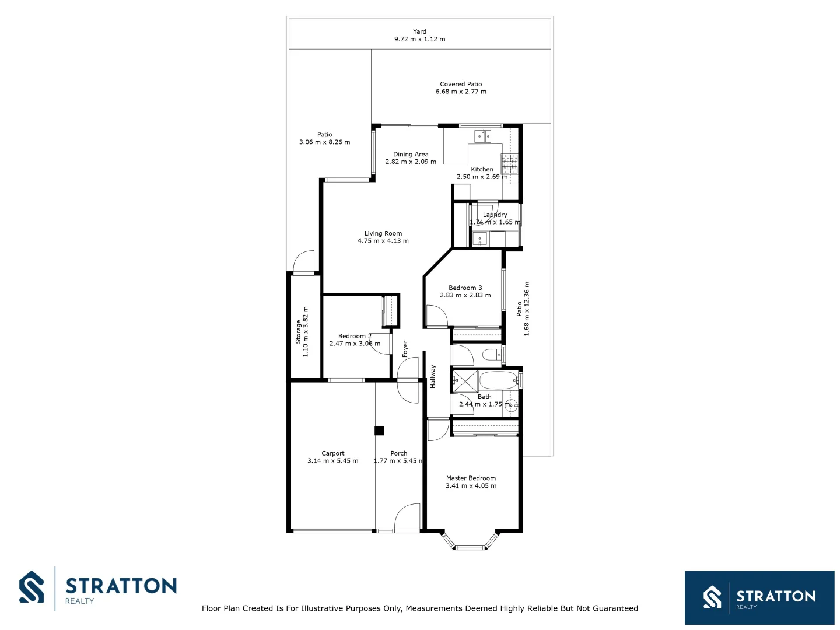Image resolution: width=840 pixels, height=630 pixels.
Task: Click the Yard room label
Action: tap(419, 32)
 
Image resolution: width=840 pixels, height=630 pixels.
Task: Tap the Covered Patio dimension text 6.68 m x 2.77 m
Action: tap(461, 92)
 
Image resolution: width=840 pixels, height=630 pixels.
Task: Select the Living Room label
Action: tap(383, 233)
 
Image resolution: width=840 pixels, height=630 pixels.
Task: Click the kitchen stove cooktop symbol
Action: tap(509, 164)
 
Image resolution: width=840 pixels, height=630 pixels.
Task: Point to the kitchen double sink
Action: tap(482, 136)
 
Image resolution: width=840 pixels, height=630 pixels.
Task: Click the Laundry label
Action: tap(495, 215)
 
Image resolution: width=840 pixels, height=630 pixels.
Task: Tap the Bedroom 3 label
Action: tap(465, 288)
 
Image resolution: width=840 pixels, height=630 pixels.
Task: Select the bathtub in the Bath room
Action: tap(498, 381)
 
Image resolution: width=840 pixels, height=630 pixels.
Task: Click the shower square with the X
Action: tap(466, 381)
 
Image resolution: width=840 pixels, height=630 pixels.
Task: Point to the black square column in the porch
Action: tap(379, 431)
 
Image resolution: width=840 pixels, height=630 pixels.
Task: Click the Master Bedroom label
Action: tap(471, 478)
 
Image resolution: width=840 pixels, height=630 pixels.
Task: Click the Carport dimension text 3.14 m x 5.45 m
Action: tap(332, 461)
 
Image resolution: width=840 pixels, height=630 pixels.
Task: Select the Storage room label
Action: tap(298, 331)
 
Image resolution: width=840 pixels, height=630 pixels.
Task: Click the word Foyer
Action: tap(405, 348)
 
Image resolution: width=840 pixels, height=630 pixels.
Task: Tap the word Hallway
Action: tap(433, 376)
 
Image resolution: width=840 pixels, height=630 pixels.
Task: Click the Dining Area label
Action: tap(411, 154)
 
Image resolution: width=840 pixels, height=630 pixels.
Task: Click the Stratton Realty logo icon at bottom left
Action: tap(32, 587)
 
